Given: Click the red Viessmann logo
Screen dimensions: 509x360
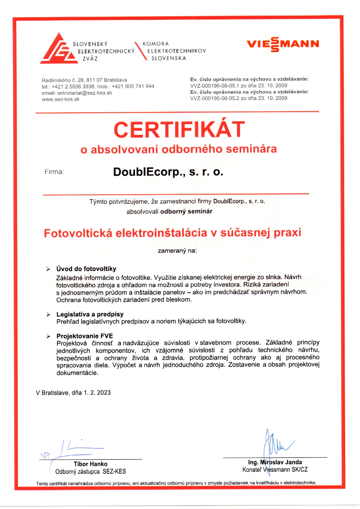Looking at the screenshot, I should click(x=283, y=44).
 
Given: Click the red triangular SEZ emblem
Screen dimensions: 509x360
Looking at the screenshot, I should click(x=59, y=50).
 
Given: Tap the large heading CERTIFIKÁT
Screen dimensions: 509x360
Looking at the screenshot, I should click(x=179, y=129).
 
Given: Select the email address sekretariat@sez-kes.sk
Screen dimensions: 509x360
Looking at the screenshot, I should click(x=85, y=93).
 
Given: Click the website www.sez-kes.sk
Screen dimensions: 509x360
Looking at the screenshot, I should click(x=60, y=99).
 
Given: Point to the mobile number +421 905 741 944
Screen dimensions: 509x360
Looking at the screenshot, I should click(x=133, y=86).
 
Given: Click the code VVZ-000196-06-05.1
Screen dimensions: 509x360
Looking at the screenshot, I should click(x=215, y=86).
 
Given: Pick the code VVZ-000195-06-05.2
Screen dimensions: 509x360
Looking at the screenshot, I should click(x=215, y=98).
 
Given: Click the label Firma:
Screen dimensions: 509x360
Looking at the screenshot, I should click(x=54, y=172).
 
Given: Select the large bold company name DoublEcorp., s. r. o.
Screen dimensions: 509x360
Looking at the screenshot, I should click(x=168, y=172).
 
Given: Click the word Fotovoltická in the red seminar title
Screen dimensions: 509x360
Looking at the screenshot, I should click(x=78, y=233).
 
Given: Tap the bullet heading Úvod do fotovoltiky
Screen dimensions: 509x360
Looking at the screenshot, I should click(x=86, y=269).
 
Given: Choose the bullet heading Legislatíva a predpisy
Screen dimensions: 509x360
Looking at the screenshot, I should click(x=90, y=314).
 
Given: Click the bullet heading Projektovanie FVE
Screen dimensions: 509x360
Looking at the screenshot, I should click(x=85, y=336).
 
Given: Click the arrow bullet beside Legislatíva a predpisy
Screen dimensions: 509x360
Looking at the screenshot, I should click(x=48, y=315).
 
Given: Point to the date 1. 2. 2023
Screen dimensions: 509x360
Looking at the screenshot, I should click(x=97, y=393).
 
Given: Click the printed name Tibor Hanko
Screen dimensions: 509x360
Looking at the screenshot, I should click(x=90, y=464).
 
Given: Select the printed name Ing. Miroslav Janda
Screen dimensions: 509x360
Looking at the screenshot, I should click(x=275, y=462).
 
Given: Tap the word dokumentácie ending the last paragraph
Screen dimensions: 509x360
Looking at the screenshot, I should click(x=77, y=373).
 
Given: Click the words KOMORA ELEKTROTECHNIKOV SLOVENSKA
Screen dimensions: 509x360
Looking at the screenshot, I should click(x=174, y=51).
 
